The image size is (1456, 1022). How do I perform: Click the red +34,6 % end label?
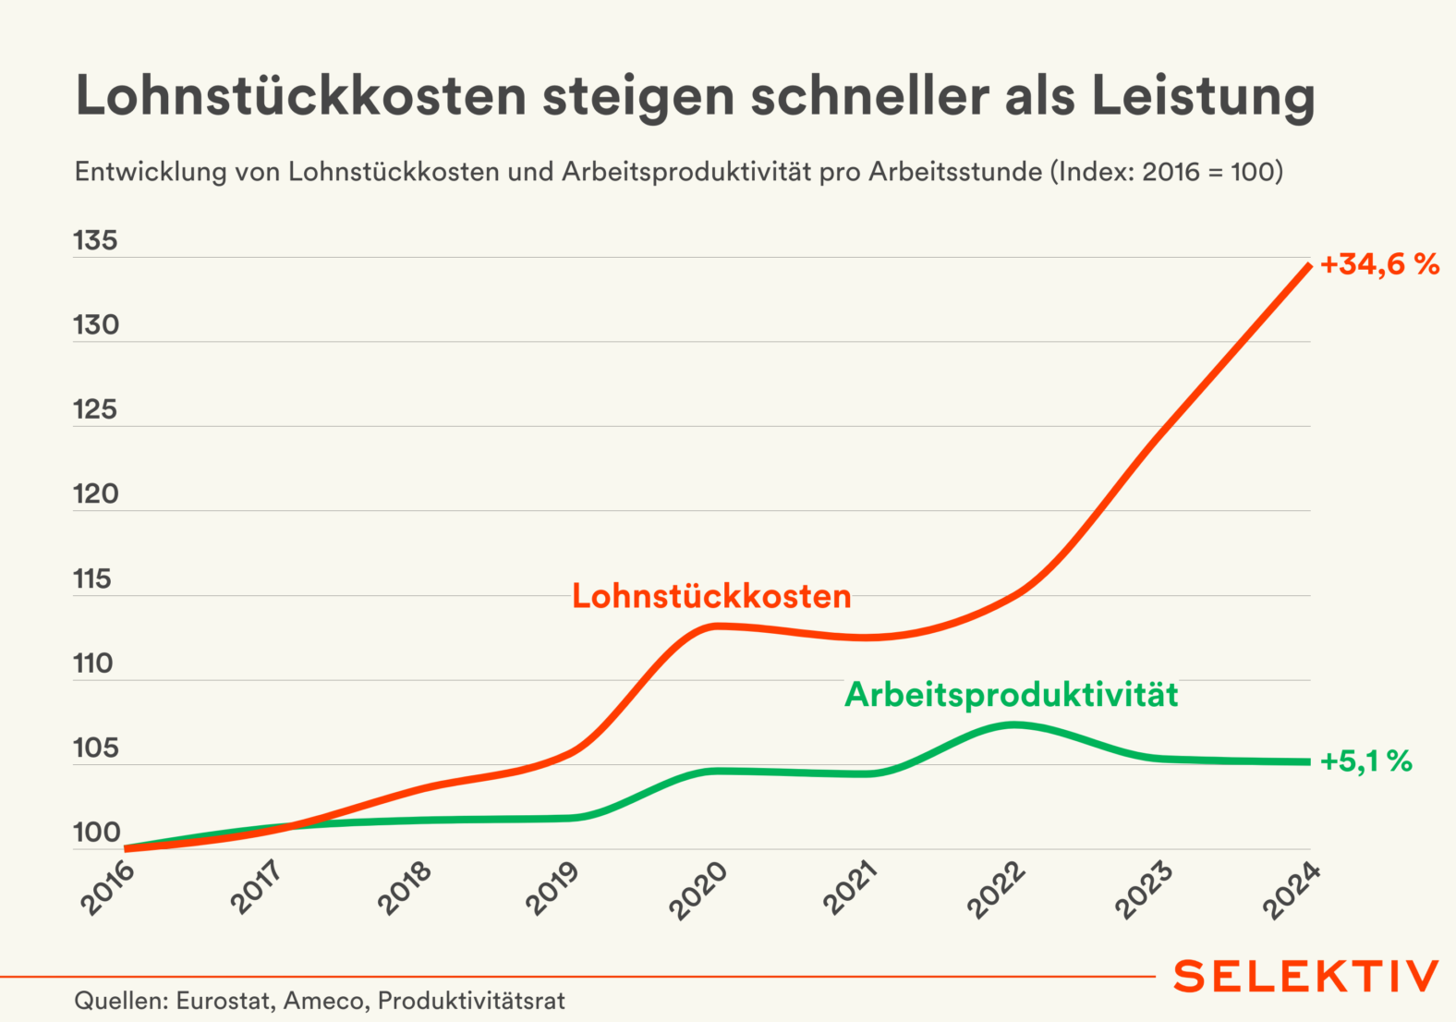(x=1379, y=265)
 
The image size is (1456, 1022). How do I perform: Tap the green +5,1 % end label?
(x=1366, y=761)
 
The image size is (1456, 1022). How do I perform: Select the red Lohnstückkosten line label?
(x=711, y=596)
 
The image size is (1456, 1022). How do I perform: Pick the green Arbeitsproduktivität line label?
(x=1011, y=695)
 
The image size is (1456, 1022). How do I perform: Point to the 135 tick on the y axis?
(x=96, y=241)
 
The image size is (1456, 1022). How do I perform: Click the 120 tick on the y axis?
(x=96, y=494)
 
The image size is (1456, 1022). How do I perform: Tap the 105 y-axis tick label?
(x=96, y=748)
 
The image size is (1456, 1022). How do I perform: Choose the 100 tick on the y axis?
(x=96, y=833)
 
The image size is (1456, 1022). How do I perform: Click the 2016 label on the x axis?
(x=108, y=889)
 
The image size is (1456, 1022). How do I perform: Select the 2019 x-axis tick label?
(x=552, y=889)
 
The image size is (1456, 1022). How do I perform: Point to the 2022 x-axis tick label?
(x=996, y=889)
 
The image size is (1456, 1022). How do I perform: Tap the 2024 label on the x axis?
(x=1291, y=889)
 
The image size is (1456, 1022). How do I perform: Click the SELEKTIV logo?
(x=1305, y=977)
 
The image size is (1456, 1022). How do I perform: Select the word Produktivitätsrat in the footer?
(x=471, y=1001)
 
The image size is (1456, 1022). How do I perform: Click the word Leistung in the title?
(x=1203, y=96)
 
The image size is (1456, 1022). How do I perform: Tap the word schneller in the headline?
(x=869, y=96)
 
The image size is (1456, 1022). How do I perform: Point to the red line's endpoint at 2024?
(x=1308, y=266)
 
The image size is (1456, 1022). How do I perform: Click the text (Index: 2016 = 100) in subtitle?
(x=1166, y=172)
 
